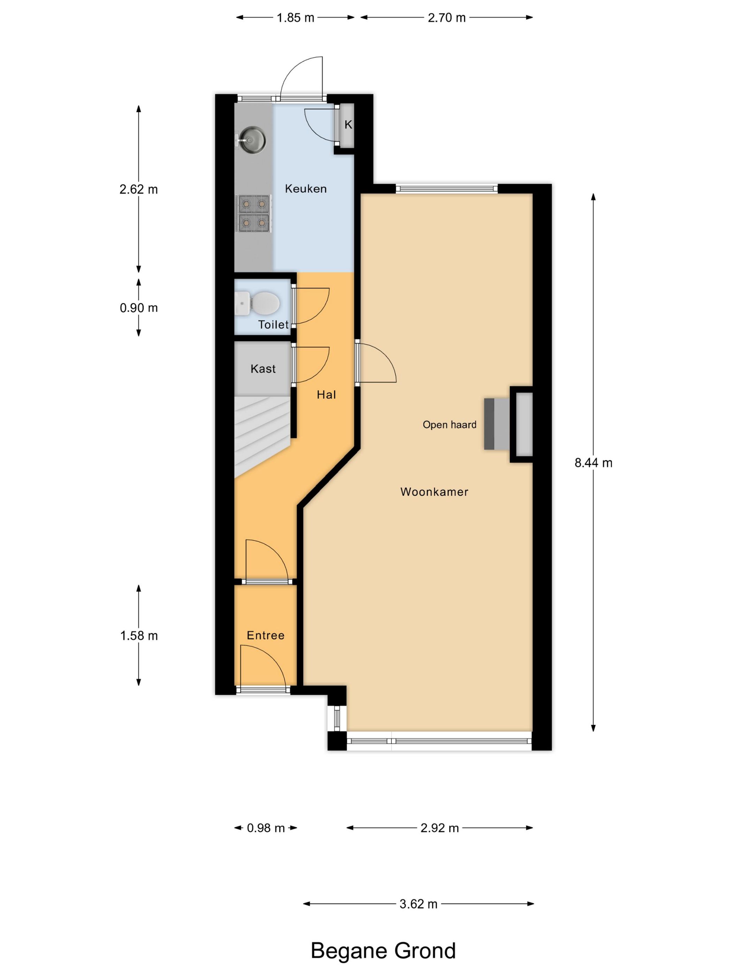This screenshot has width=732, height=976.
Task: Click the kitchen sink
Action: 251,140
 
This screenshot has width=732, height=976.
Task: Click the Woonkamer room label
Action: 434,491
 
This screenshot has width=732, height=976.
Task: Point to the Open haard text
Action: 449,425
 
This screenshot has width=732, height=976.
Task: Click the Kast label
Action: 263,368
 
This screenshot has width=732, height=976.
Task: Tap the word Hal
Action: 326,395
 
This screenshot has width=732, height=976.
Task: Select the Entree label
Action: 265,635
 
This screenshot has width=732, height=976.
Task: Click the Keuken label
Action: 306,189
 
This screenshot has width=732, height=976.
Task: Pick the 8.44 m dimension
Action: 594,463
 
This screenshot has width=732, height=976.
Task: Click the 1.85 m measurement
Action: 295,18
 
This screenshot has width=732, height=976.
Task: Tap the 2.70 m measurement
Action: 447,18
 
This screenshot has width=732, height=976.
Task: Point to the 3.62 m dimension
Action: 418,904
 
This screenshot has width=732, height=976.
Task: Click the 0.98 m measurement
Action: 266,828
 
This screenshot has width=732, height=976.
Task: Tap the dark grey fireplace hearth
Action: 489,424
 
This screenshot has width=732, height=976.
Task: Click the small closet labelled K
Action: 347,125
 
